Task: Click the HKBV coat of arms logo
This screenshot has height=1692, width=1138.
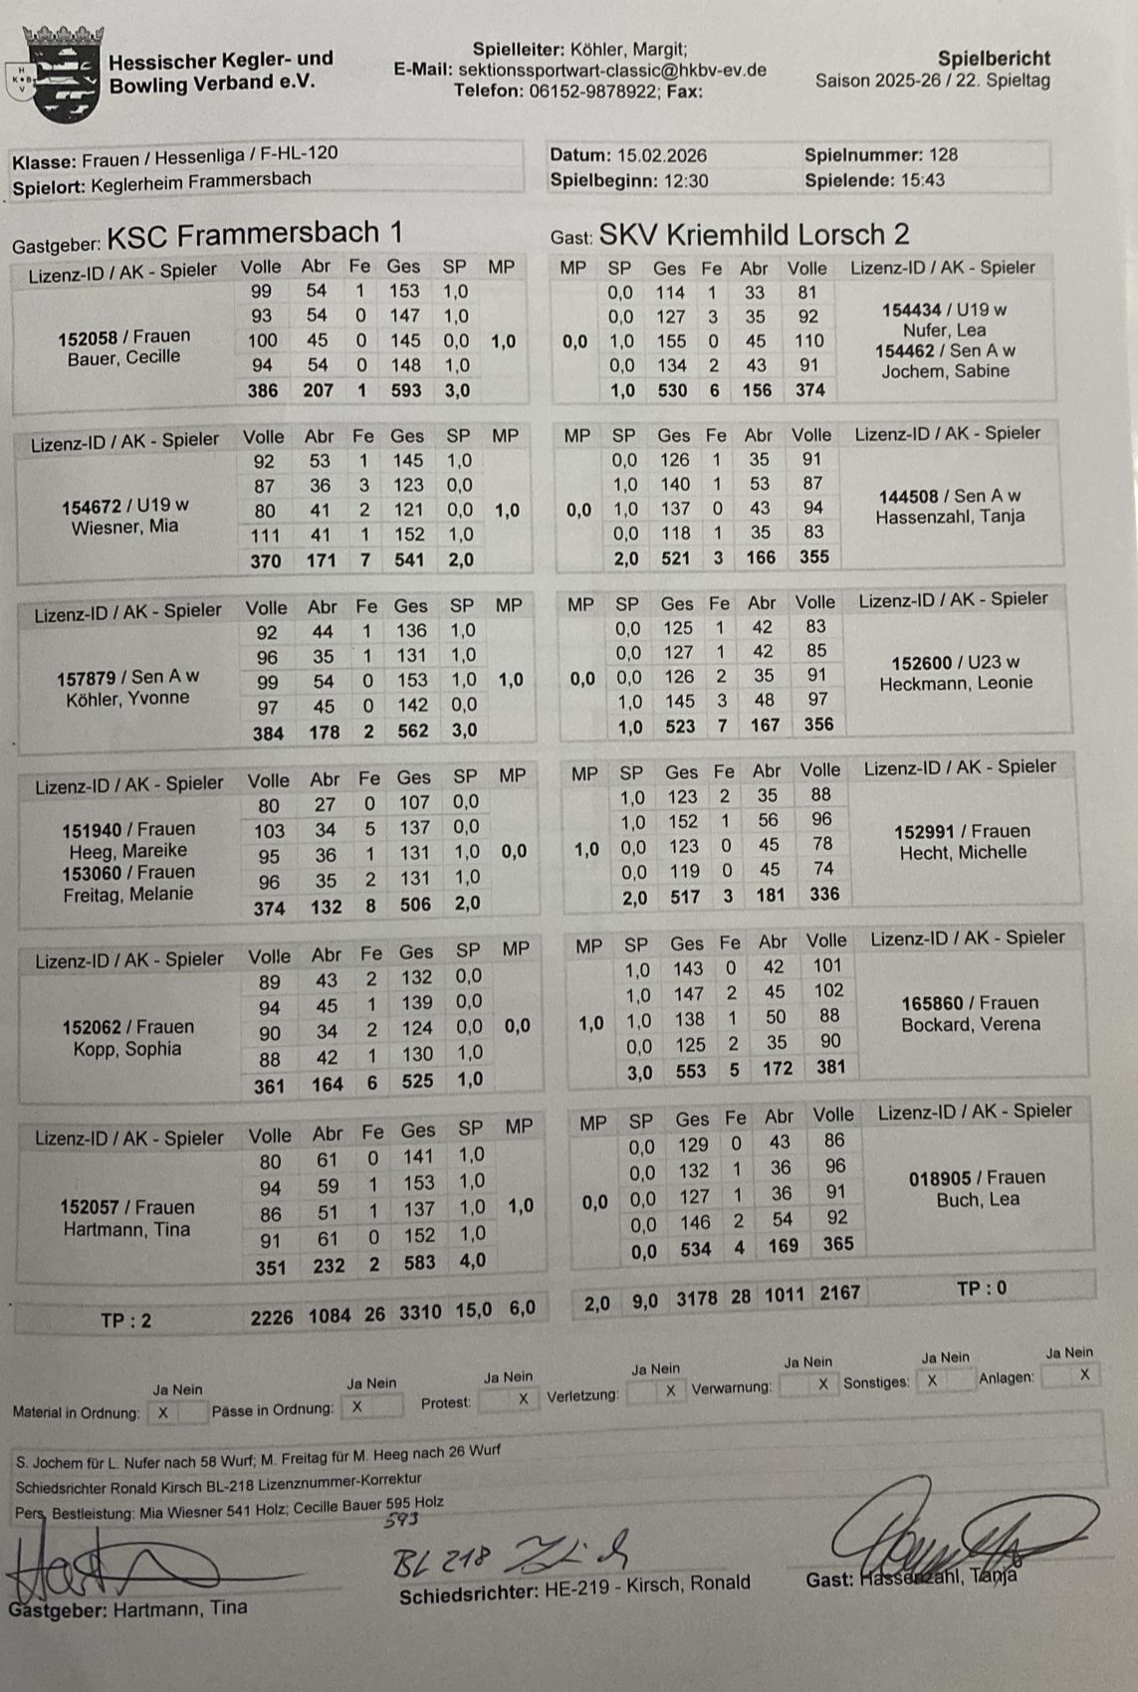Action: (62, 73)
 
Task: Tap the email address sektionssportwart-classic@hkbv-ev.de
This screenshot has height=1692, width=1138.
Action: (611, 71)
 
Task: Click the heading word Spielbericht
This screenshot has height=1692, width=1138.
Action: (993, 59)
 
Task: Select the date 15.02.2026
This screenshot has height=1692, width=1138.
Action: (662, 155)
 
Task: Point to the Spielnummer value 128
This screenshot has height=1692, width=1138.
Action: (942, 154)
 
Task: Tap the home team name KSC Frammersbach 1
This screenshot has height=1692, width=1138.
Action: (255, 235)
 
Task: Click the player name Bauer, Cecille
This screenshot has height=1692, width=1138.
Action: (123, 358)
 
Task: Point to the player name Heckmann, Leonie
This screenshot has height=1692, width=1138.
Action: (955, 684)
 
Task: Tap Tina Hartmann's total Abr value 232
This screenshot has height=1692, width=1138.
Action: (329, 1266)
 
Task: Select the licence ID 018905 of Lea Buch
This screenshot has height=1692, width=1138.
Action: (943, 1178)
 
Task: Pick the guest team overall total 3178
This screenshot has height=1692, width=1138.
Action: (697, 1298)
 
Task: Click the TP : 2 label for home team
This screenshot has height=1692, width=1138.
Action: (126, 1321)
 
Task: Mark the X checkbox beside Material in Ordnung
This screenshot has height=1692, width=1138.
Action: (163, 1412)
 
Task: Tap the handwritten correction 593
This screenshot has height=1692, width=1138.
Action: (401, 1520)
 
